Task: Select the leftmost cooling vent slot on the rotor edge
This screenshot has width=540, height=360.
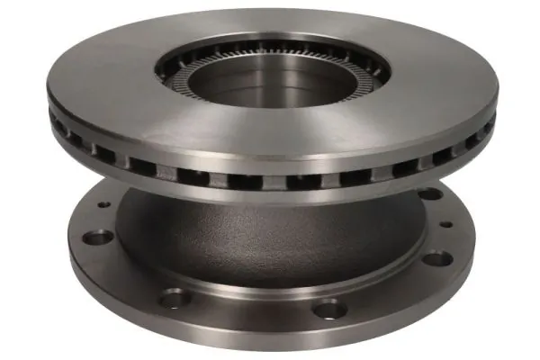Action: click(60, 127)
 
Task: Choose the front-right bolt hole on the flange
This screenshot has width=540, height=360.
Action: click(330, 309)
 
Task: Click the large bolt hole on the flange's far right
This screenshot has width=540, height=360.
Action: click(436, 259)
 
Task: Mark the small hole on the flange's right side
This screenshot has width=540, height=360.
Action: click(445, 224)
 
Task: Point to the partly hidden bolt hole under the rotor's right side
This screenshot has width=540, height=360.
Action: click(429, 193)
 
